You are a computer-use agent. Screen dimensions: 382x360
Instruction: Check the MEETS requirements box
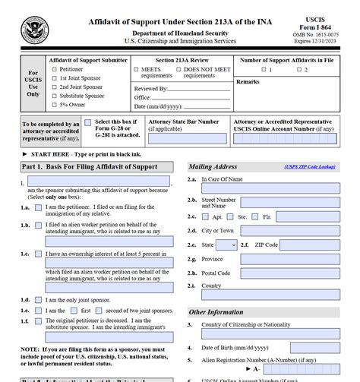(137, 70)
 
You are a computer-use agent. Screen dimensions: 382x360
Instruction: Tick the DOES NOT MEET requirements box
(179, 70)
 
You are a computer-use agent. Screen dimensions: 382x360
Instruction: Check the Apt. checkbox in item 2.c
(207, 216)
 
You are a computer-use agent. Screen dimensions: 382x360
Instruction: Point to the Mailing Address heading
(213, 166)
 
